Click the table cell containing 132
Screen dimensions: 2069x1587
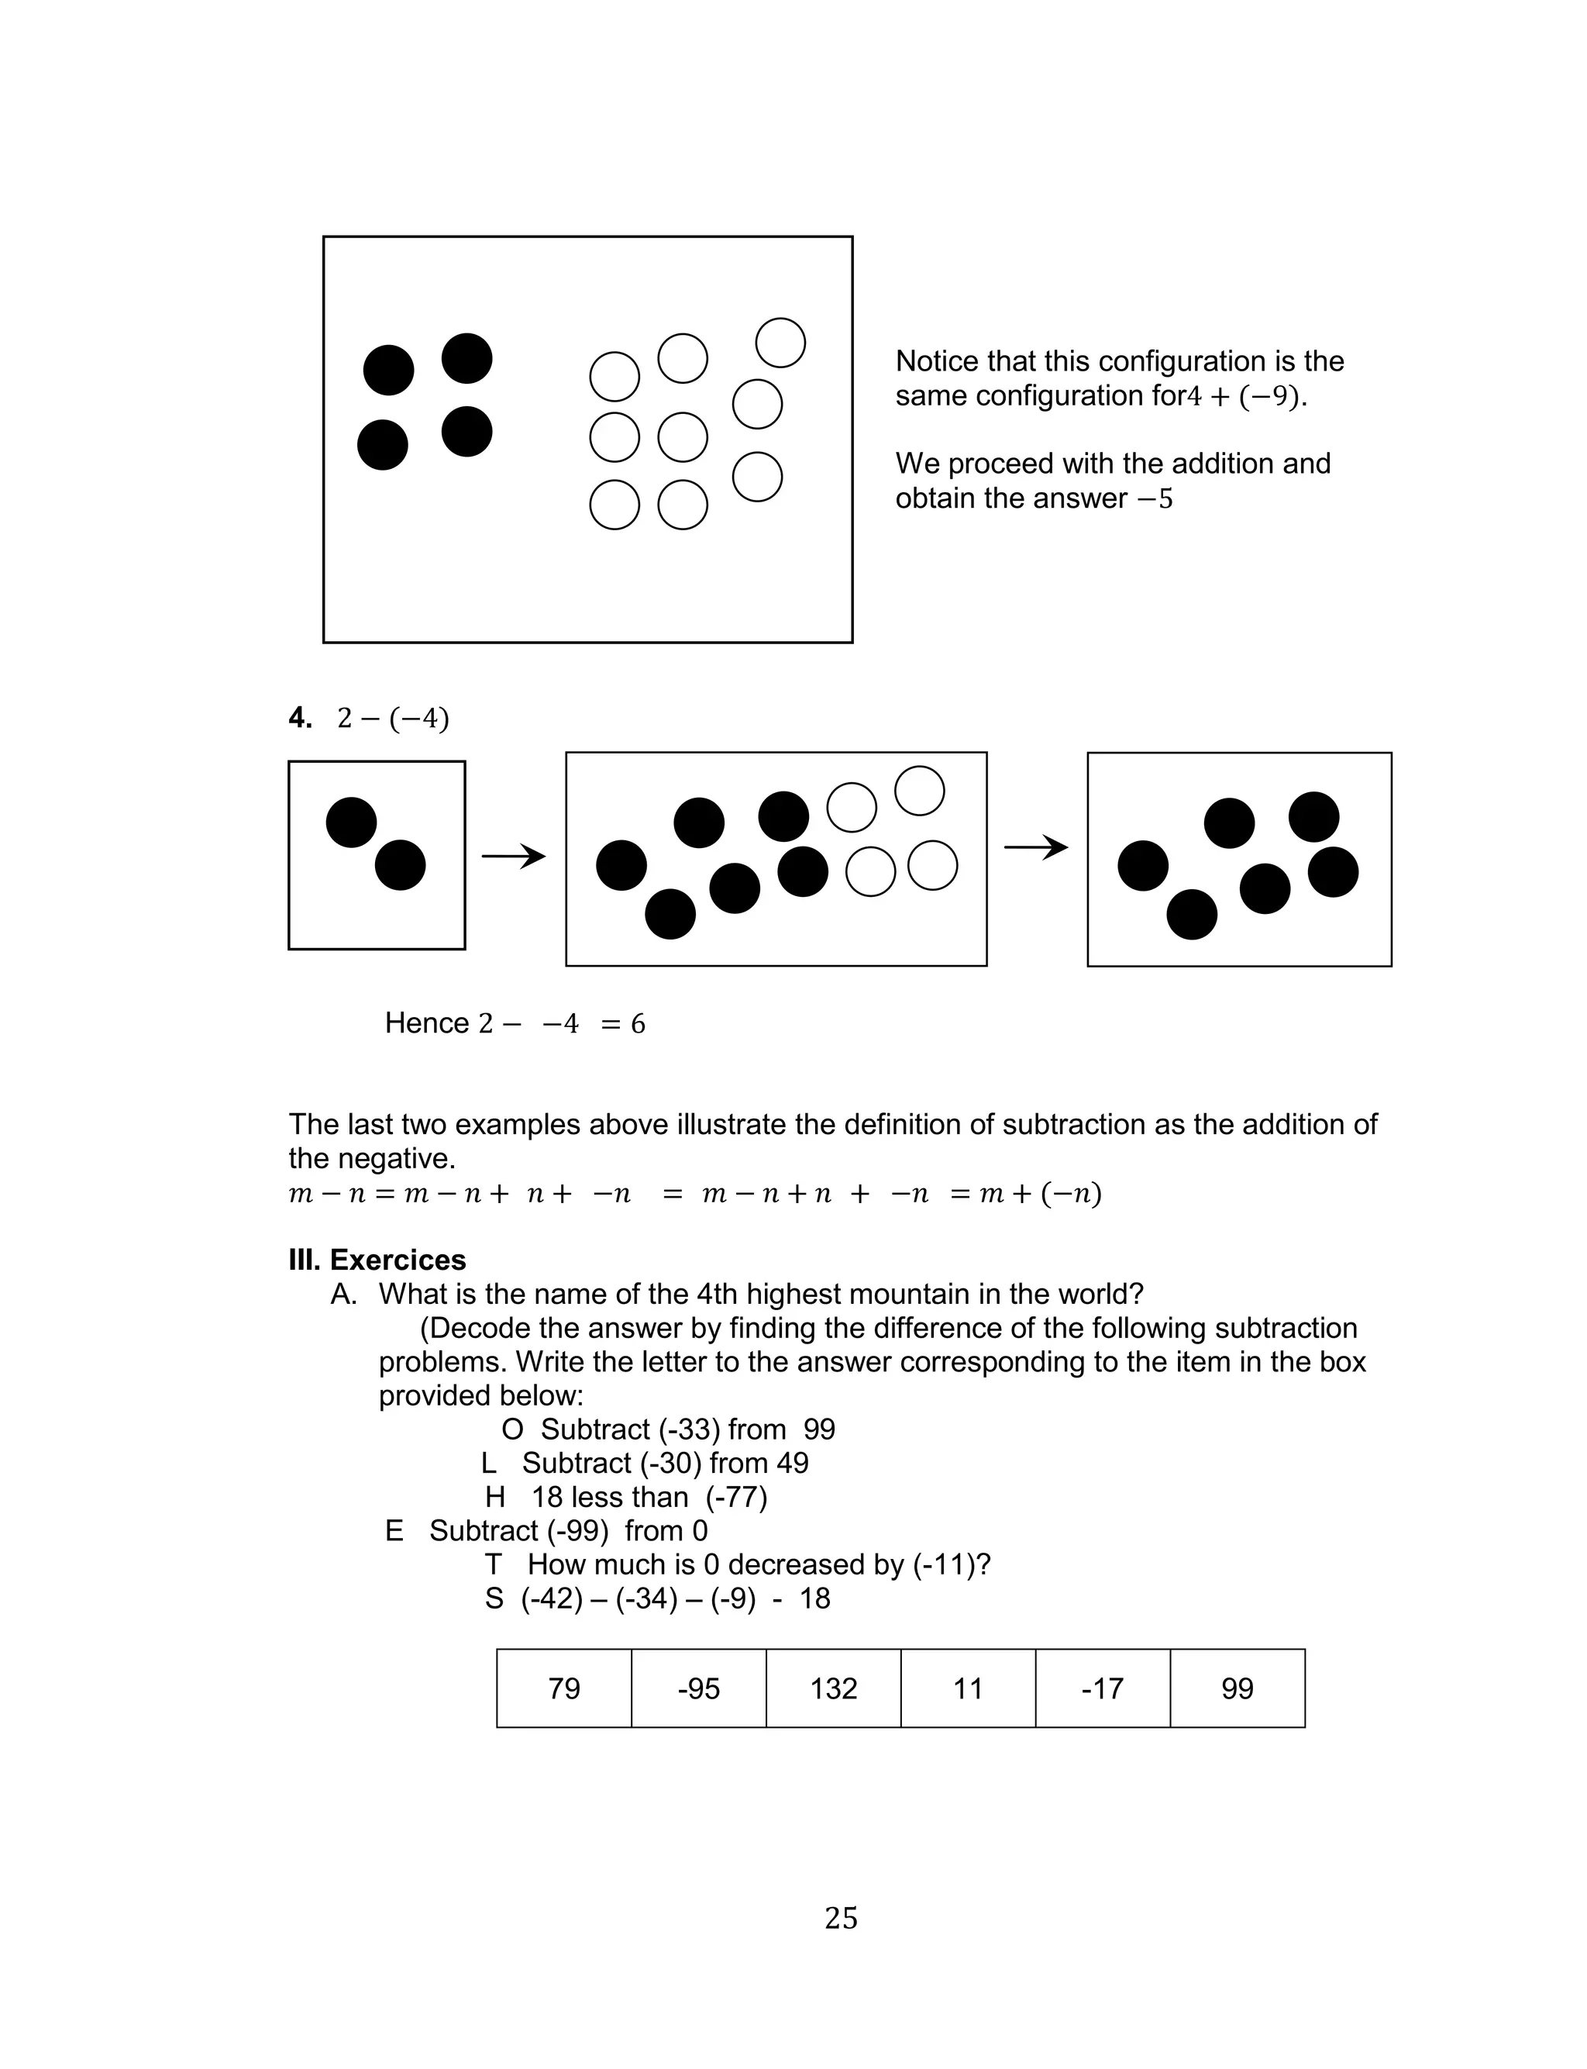[833, 1688]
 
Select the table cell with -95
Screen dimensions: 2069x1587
[698, 1688]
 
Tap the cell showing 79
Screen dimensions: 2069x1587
[564, 1688]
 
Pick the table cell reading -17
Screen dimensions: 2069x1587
[1103, 1688]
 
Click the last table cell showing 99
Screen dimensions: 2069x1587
[1238, 1688]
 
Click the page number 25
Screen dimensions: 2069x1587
[841, 1918]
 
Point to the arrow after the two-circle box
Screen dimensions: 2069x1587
[514, 857]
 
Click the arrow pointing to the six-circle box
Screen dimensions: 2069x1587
[1035, 847]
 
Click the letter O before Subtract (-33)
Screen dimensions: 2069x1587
[512, 1429]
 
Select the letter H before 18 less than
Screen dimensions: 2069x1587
[495, 1498]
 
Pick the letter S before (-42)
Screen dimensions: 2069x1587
[494, 1598]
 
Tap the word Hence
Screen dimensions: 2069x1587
[427, 1023]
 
